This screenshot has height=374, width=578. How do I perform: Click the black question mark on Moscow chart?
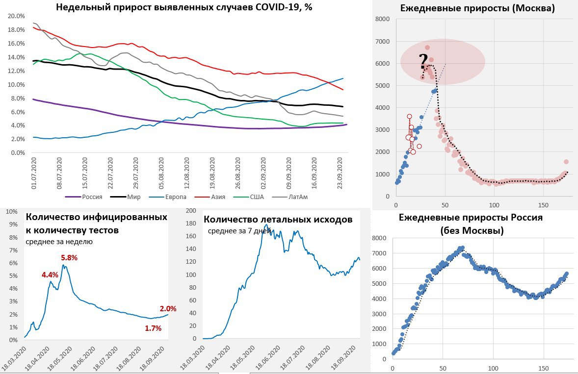[423, 62]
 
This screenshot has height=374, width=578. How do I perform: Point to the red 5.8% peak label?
[69, 258]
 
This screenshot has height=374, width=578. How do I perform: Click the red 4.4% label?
[50, 275]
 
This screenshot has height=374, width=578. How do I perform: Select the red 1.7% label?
[153, 328]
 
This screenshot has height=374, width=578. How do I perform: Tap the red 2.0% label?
[168, 309]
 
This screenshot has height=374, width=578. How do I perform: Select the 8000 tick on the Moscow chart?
[382, 19]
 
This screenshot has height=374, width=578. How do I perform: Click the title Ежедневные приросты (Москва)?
[477, 8]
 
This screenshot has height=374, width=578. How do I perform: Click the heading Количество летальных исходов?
[278, 219]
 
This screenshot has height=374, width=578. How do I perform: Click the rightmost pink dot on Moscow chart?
[566, 162]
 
